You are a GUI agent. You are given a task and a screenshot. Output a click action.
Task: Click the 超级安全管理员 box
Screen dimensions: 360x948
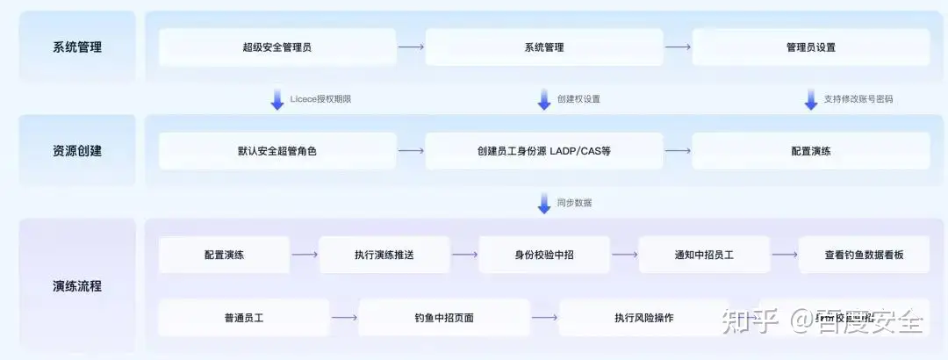click(x=277, y=47)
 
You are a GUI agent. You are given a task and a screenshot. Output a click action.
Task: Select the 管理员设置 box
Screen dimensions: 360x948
click(x=810, y=47)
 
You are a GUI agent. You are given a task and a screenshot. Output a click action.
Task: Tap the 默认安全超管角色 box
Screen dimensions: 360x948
click(x=277, y=151)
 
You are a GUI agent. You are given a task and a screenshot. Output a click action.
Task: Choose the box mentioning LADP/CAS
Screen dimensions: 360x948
click(x=543, y=151)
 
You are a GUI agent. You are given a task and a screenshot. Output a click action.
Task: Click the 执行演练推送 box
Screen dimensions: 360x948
click(x=384, y=255)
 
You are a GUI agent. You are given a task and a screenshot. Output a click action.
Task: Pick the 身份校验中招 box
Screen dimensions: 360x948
click(x=543, y=255)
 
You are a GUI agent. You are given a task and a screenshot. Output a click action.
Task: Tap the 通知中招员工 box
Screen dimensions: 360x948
click(x=704, y=255)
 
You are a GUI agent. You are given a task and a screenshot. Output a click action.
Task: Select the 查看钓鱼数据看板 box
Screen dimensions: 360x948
click(x=864, y=255)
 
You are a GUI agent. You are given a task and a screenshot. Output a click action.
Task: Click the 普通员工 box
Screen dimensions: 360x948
click(x=243, y=318)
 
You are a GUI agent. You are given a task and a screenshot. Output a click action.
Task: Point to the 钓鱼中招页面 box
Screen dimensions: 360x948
click(x=444, y=318)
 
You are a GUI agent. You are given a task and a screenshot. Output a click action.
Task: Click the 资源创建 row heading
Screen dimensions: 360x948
click(x=77, y=151)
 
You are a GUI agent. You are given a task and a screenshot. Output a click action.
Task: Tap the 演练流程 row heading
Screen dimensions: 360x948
click(x=77, y=286)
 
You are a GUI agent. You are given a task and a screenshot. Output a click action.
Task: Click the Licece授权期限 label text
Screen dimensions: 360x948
click(x=320, y=99)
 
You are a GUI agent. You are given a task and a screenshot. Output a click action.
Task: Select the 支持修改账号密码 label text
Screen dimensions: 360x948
click(x=858, y=99)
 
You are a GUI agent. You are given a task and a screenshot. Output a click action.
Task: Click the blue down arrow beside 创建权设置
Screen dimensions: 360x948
click(x=544, y=99)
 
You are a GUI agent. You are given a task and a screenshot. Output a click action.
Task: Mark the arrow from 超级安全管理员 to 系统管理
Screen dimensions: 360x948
click(x=410, y=47)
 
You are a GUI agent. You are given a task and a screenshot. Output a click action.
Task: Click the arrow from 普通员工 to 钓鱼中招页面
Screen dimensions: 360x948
click(x=344, y=318)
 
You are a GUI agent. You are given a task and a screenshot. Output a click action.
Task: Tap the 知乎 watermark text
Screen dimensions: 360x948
click(x=750, y=321)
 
